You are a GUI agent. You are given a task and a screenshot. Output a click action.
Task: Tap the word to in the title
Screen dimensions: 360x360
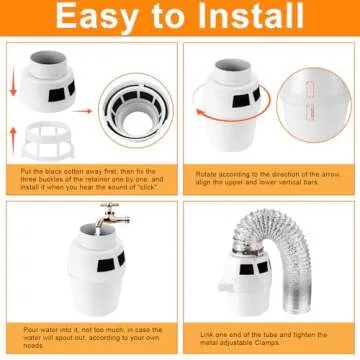167,18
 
